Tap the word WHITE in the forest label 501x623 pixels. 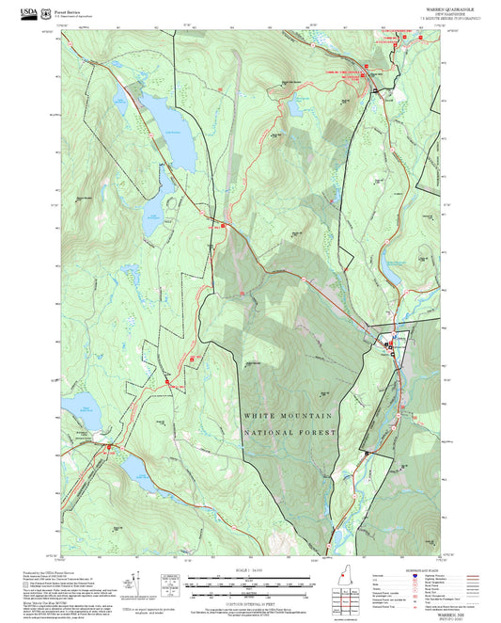click(x=260, y=415)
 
